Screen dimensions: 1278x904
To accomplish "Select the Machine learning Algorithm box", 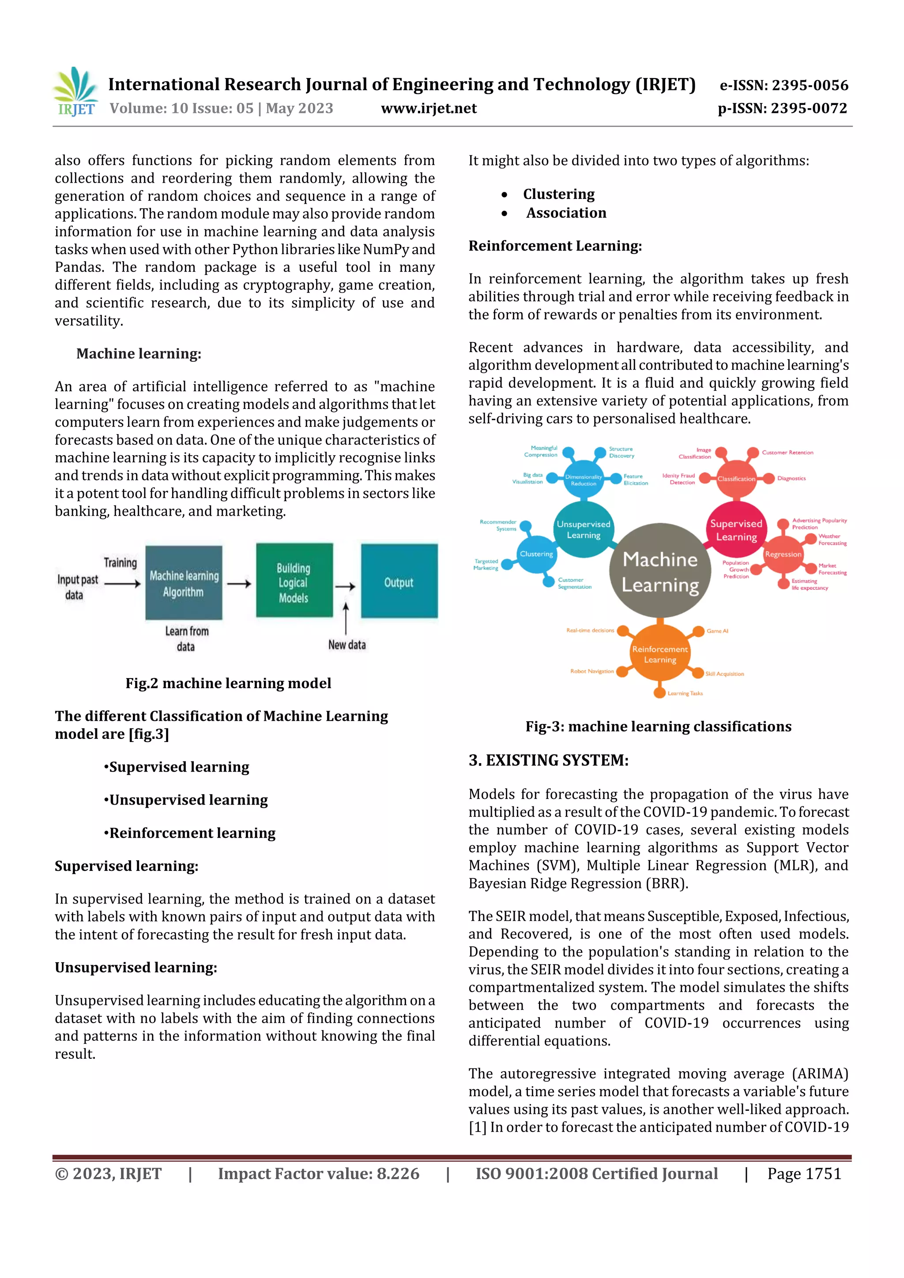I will pos(184,583).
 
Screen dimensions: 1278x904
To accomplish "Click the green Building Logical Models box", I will pos(294,581).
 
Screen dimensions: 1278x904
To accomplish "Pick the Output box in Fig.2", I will pos(399,581).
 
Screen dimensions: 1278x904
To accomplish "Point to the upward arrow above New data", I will pos(346,618).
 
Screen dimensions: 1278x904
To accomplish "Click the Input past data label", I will pos(77,587).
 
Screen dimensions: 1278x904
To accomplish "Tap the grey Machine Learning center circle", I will pos(660,571).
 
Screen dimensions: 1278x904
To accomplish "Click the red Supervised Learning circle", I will pos(736,530).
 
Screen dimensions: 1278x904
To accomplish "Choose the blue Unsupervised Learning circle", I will pos(583,529).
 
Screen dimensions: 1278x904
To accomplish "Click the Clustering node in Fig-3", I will pos(536,554).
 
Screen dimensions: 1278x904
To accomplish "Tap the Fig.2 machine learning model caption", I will pos(228,683).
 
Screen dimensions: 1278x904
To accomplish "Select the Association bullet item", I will pos(566,213).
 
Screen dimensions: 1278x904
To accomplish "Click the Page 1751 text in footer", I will pos(804,1173).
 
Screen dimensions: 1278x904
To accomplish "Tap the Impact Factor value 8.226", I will pos(318,1173).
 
